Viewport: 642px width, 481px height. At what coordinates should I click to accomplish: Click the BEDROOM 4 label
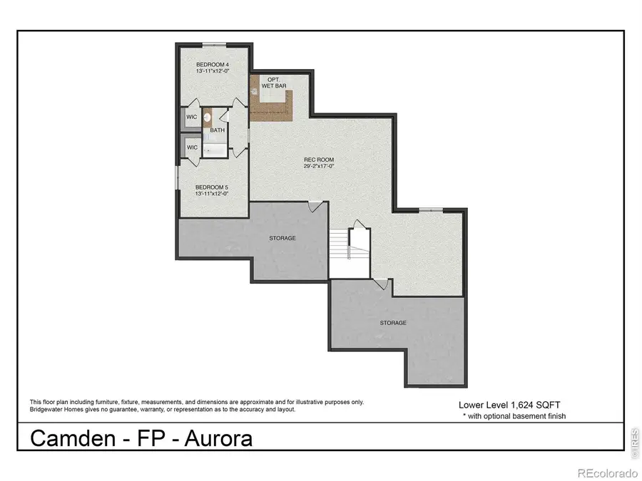pos(213,64)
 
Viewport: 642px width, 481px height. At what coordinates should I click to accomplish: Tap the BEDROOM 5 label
pos(212,187)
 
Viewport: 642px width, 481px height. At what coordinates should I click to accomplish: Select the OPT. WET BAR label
pos(272,82)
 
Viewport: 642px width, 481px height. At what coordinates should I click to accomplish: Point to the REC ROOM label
pos(319,159)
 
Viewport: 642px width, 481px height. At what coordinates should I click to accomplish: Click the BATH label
pos(217,130)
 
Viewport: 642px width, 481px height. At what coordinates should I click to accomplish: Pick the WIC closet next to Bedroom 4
pos(191,117)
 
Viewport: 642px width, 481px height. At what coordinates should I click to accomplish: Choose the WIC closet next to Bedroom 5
pos(191,148)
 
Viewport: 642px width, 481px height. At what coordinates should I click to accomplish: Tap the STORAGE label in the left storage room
pos(282,238)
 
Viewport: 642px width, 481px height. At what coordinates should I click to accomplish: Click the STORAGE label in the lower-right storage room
pos(393,323)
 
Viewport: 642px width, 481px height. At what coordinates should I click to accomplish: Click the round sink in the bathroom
pos(207,118)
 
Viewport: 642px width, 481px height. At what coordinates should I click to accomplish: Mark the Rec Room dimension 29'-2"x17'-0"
pos(319,166)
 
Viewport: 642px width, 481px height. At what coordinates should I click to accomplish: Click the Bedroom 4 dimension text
pos(213,71)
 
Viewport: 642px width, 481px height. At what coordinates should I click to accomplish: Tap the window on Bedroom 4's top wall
pos(213,45)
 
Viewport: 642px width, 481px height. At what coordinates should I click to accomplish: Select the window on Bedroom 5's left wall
pos(178,177)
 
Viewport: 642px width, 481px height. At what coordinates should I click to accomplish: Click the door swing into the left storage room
pos(313,207)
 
